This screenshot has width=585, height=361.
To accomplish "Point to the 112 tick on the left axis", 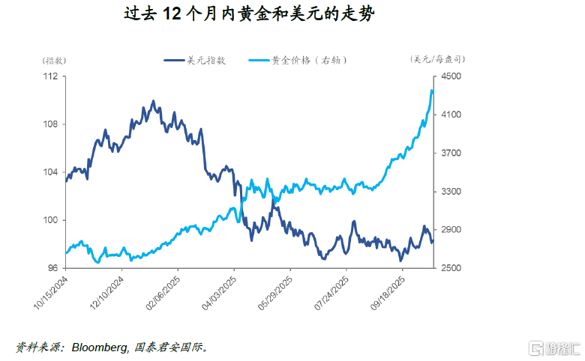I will [51, 76].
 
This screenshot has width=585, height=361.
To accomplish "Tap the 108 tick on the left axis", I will [51, 124].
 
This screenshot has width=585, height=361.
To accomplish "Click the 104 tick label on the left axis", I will [51, 172].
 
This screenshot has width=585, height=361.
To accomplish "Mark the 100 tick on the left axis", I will [51, 220].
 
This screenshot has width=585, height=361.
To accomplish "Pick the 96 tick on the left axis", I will [53, 268].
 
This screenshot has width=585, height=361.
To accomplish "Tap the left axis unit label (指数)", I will [53, 60].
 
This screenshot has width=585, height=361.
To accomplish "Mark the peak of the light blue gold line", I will [432, 91].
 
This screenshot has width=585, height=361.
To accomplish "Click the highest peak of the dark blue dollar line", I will [153, 100].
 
